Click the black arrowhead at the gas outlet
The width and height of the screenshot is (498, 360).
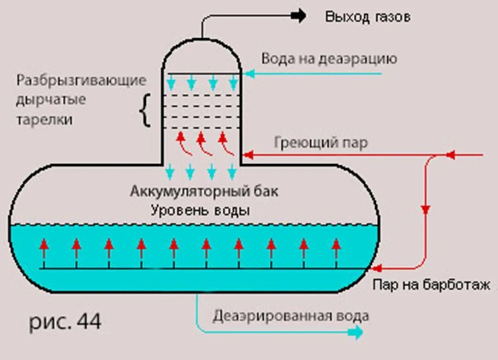point(300,16)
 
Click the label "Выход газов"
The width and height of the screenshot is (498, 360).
point(368,17)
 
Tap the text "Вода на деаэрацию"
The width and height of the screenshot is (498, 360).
point(329,59)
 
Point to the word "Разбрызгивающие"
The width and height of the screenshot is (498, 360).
point(82,80)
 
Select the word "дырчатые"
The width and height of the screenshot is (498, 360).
point(51,100)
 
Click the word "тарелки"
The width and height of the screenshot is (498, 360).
point(45,120)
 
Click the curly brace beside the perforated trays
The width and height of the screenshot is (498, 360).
point(146,110)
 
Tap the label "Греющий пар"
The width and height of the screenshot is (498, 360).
point(321,143)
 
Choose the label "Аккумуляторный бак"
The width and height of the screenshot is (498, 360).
point(204,191)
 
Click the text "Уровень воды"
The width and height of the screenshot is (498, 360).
point(201,210)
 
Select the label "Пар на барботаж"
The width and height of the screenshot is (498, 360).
point(431,285)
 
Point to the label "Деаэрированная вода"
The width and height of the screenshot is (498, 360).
point(291,316)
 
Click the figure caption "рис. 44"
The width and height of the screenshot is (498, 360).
point(65,322)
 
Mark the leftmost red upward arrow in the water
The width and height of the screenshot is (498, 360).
point(44,244)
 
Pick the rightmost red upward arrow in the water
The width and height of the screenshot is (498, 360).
point(337,244)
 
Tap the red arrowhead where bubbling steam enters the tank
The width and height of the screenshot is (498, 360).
point(375,267)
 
